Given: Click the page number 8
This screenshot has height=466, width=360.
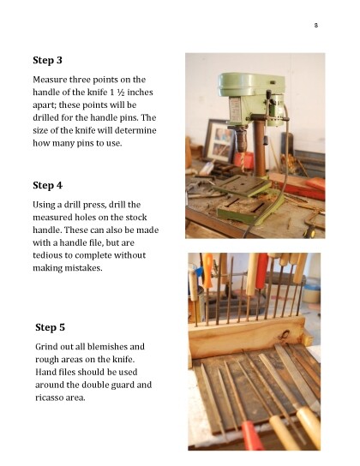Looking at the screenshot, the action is click(316, 25).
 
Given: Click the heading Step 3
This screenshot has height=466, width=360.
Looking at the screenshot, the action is click(47, 60).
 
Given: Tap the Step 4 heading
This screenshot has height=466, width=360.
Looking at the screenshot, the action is click(47, 185).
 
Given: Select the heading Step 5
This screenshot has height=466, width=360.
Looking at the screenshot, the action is click(50, 327).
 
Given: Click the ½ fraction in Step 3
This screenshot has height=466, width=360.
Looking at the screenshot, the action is click(120, 93).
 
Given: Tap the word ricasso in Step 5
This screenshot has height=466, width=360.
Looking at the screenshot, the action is click(49, 397).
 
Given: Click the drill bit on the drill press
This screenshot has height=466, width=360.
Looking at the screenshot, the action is click(243, 162).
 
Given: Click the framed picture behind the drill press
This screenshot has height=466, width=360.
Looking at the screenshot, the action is click(219, 140).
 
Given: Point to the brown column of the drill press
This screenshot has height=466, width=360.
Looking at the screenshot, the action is click(260, 148).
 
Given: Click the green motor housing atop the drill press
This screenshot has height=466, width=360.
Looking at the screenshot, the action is click(251, 84).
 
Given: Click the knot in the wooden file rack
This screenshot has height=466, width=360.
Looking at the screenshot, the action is click(284, 335).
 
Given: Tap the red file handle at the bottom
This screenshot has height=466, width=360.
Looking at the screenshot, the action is click(251, 436).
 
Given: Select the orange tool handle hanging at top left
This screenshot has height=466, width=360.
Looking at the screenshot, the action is click(207, 270).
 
